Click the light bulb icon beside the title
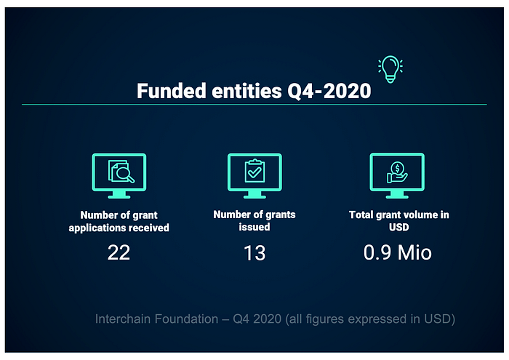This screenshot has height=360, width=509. (x=390, y=69)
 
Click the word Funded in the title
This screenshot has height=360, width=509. (x=172, y=91)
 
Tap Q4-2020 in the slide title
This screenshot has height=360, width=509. (x=329, y=91)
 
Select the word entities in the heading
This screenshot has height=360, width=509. (x=247, y=91)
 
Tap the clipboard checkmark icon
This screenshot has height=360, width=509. (x=254, y=171)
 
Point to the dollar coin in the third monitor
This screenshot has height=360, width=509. (x=397, y=168)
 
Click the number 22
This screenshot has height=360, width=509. (x=119, y=252)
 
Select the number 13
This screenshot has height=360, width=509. (x=254, y=253)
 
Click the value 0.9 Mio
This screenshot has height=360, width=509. (x=398, y=252)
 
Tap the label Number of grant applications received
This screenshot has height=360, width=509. (x=119, y=221)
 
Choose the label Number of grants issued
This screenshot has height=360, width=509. (x=254, y=221)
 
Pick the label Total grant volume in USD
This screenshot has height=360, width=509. (x=399, y=221)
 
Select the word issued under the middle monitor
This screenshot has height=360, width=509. (x=254, y=227)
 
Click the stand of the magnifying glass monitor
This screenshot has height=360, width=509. (x=119, y=194)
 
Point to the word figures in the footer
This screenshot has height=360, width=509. (x=324, y=319)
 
